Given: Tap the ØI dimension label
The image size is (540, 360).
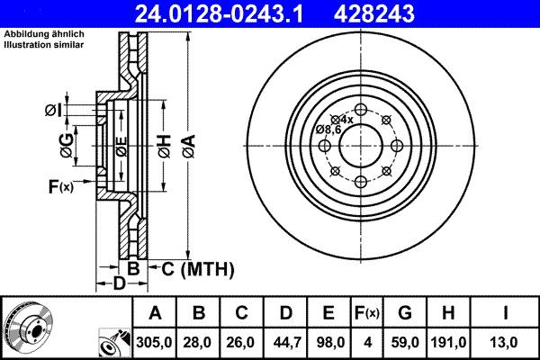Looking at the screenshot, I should (53, 111).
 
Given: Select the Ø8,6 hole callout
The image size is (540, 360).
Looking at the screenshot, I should (328, 130).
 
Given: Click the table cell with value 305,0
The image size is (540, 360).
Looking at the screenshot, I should (156, 343).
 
